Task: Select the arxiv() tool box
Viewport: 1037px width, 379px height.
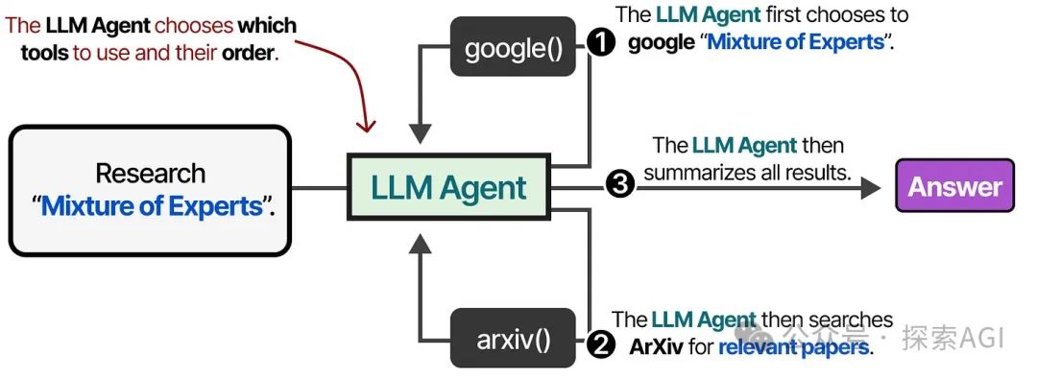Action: [513, 338]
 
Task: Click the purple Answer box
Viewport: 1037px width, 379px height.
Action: [954, 186]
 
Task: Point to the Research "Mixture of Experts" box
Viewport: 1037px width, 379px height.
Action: [150, 189]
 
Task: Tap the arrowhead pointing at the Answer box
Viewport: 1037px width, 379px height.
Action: [870, 186]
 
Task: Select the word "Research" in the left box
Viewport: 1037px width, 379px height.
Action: [150, 174]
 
